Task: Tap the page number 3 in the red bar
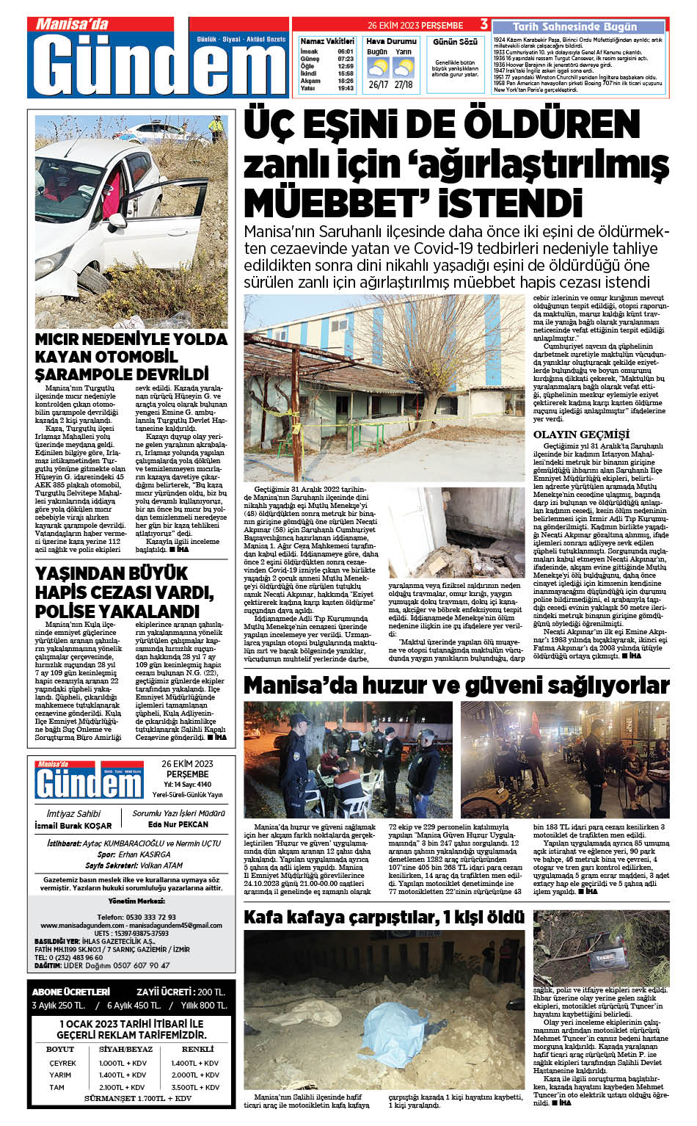coord(483,25)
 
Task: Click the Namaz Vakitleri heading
coord(327,42)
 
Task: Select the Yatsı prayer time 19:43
coord(346,89)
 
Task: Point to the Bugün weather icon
coord(378,68)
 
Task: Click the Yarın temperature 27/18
coord(404,84)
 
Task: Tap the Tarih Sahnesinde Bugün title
coord(574,26)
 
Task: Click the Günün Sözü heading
coord(455,42)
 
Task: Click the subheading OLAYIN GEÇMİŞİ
coord(581,435)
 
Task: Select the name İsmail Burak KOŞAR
coord(73,826)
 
